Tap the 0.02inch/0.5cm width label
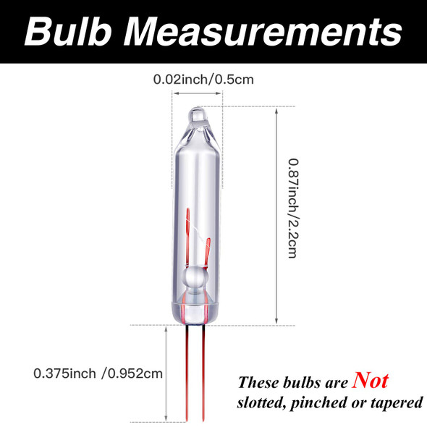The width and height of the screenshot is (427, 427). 203,78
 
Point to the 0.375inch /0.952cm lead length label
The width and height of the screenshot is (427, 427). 98,373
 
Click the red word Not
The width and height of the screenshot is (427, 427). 370,381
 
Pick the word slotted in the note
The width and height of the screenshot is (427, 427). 264,402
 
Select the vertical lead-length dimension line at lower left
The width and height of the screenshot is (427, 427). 169,373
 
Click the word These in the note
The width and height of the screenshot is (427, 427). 260,383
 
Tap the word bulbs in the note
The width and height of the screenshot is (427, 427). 304,383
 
